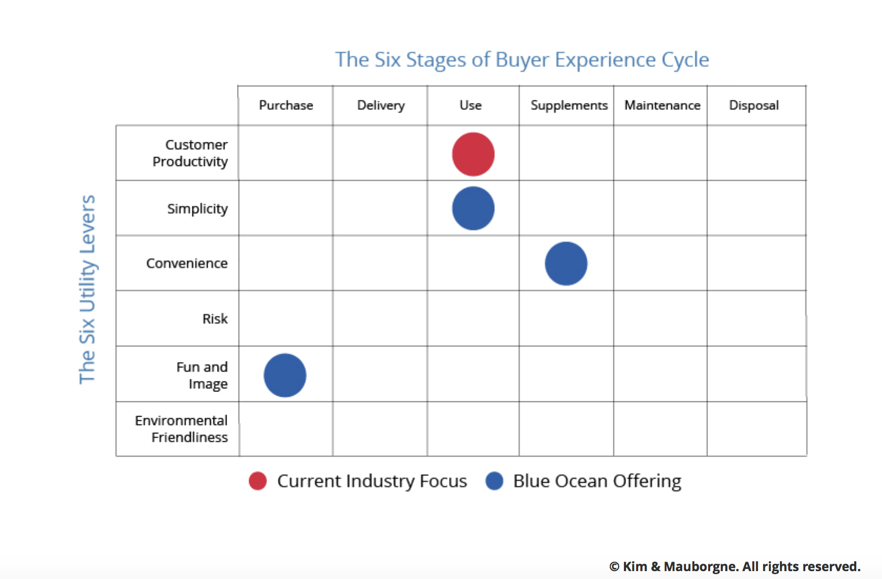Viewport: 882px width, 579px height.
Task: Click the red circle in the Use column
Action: (x=473, y=154)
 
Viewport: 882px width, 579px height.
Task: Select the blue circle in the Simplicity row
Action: (x=473, y=208)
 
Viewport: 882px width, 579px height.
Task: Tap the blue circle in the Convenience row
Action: (x=566, y=263)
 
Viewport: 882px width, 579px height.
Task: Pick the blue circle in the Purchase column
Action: (x=285, y=375)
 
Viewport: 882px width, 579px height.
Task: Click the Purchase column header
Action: (x=286, y=105)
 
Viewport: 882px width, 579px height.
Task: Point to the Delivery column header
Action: (x=381, y=106)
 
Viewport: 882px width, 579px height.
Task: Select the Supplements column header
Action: (x=569, y=106)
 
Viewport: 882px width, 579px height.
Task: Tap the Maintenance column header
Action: (x=662, y=105)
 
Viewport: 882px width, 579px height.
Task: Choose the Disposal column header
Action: (x=754, y=106)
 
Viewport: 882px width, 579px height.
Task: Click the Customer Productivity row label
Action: (x=190, y=153)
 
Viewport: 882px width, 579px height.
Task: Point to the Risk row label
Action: (x=215, y=318)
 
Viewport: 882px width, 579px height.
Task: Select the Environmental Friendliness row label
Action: (x=181, y=429)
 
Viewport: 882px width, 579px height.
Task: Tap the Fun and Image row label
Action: (x=202, y=375)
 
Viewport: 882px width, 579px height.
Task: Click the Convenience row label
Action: (x=187, y=263)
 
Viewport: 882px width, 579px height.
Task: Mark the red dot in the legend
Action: (x=258, y=481)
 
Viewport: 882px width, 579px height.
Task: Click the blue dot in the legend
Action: (x=494, y=481)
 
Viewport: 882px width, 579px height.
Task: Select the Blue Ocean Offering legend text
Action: (x=597, y=481)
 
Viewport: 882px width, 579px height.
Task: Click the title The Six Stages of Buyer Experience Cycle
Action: (x=522, y=60)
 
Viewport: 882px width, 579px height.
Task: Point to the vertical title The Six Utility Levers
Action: (x=87, y=289)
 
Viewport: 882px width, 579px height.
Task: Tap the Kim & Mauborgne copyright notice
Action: (x=735, y=566)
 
